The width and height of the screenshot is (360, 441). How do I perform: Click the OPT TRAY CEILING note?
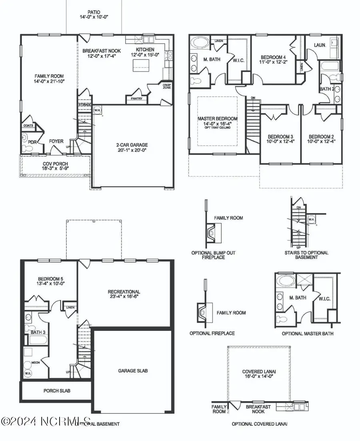(218, 128)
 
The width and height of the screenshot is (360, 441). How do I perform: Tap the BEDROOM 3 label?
(280, 136)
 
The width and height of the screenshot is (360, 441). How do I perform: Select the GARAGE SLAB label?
(133, 371)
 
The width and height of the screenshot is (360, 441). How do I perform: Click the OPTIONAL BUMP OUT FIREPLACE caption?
(214, 255)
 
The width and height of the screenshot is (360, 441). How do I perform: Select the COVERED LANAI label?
(259, 371)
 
